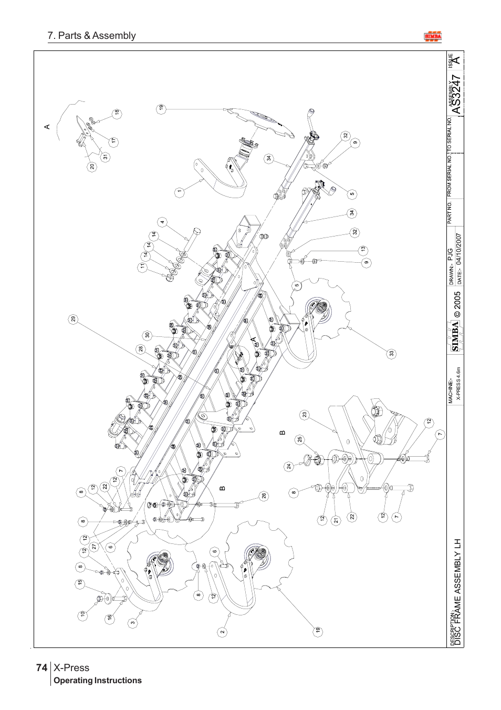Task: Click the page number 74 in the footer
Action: [41, 667]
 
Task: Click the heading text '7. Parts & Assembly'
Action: [91, 36]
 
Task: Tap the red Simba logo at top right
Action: [433, 36]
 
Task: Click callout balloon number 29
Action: [74, 319]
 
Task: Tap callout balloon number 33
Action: [392, 354]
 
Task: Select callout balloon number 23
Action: [304, 415]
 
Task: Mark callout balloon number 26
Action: [264, 496]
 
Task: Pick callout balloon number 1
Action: [179, 192]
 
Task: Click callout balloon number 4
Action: [162, 222]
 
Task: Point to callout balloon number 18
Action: [117, 112]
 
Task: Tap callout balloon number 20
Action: [92, 167]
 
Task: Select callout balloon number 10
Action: [82, 614]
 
